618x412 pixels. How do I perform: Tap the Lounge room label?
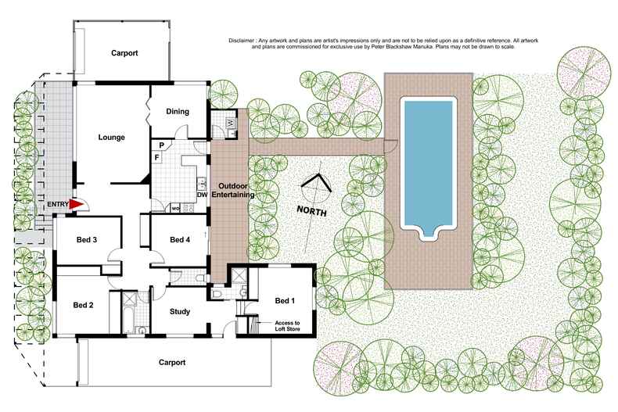point(112,138)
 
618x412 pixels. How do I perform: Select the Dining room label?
point(178,111)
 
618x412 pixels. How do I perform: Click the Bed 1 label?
point(286,300)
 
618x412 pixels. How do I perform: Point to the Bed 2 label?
point(84,305)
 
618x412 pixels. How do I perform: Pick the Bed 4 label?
point(180,239)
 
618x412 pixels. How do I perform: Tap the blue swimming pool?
point(426,164)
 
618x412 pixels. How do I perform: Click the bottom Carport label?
point(171,362)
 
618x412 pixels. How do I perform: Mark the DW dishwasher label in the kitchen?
point(202,194)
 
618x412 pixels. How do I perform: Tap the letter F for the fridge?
point(157,158)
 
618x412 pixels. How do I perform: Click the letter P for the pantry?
point(161,145)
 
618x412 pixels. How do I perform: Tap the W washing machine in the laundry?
point(230,124)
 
